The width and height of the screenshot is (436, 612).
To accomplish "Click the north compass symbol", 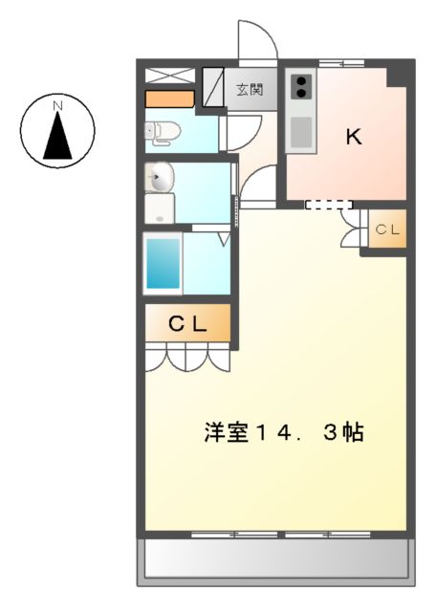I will tap(58, 129).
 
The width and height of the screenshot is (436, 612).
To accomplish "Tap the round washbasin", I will tap(161, 177).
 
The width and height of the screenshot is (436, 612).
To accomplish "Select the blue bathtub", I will tap(162, 263).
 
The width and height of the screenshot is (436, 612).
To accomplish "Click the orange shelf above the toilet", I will tap(169, 98).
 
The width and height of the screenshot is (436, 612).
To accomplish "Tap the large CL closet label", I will tap(187, 323).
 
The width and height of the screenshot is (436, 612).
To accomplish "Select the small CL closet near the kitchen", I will tap(387, 230).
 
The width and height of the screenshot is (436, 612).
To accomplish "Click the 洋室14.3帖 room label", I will tap(283, 432).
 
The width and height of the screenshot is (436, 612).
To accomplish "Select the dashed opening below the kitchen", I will tap(328, 204).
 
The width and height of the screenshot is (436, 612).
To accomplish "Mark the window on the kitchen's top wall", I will tap(340, 63).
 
